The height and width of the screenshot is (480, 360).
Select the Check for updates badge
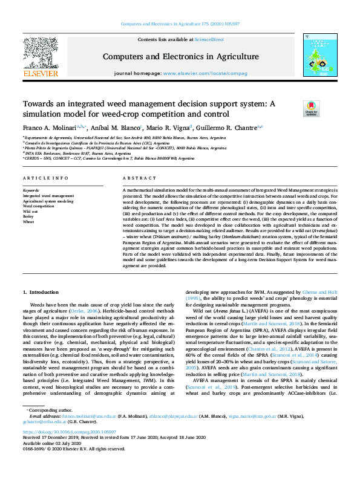pos(295,109)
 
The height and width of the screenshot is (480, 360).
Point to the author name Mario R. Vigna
pos(168,128)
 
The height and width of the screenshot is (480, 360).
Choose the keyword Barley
pos(28,216)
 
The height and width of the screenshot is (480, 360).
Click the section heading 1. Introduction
pos(42,292)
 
